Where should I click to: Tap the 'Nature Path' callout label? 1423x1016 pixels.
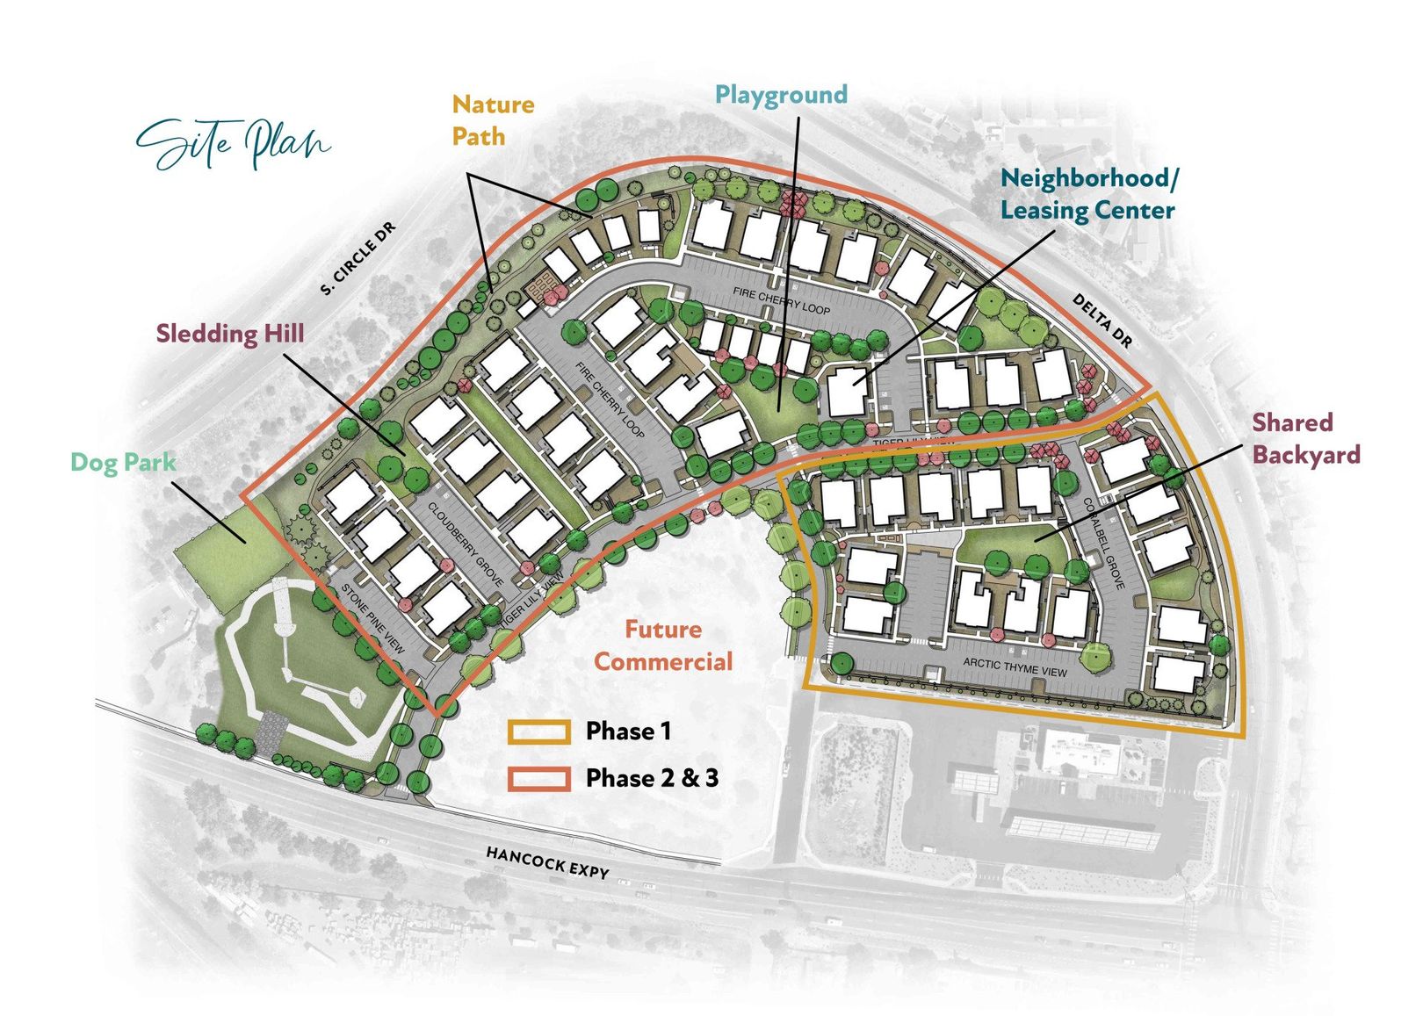(492, 120)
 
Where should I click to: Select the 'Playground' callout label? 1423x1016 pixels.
(781, 95)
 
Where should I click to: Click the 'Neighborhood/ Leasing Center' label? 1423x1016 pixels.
(1087, 194)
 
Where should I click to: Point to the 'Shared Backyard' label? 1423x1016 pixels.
(1305, 438)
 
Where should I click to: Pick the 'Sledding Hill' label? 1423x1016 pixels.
(230, 334)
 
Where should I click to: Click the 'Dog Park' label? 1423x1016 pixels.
(123, 462)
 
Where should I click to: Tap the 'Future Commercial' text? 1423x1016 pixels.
(663, 645)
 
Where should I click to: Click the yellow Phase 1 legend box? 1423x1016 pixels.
(538, 731)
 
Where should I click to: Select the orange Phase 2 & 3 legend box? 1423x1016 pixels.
(538, 778)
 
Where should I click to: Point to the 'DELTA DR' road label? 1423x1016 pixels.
(1102, 321)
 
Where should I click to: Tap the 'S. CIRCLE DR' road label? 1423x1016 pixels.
(358, 259)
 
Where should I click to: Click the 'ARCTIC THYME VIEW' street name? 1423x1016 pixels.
(1015, 667)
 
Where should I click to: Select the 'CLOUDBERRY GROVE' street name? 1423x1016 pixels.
(466, 544)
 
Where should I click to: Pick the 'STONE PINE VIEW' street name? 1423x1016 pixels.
(372, 618)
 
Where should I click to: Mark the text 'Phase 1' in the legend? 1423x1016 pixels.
(628, 731)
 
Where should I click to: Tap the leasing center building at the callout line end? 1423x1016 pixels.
(845, 393)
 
